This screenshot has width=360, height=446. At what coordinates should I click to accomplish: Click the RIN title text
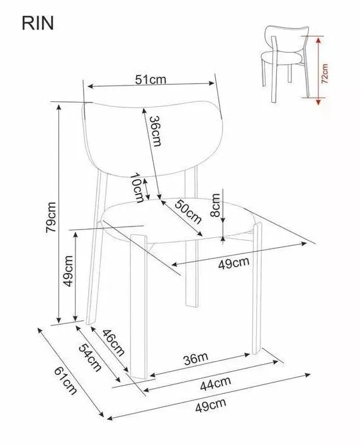click(38, 23)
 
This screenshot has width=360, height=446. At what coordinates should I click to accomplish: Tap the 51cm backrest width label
click(150, 79)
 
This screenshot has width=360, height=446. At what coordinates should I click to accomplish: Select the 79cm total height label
click(51, 218)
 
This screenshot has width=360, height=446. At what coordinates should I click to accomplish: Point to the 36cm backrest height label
click(155, 131)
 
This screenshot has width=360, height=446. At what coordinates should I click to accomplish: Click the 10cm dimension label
click(137, 187)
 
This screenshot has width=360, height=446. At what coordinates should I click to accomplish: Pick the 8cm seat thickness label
click(215, 205)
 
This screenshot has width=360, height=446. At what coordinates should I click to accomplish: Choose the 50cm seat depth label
click(188, 211)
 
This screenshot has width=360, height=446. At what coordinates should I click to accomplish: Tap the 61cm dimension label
click(65, 381)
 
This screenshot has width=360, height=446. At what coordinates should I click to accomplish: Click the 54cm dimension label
click(90, 357)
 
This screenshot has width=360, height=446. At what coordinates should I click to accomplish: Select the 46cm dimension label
click(113, 342)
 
